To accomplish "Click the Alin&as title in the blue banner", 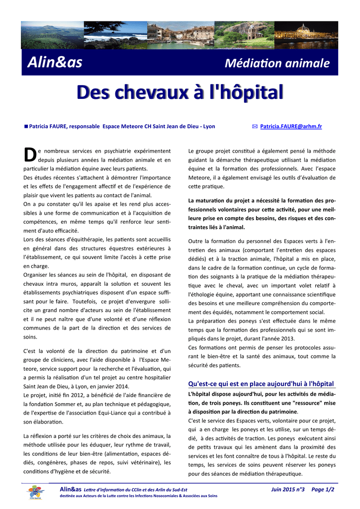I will [55, 63].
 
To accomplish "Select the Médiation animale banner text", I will [277, 64].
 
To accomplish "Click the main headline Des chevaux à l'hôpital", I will [180, 92].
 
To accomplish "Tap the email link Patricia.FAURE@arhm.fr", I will [291, 127].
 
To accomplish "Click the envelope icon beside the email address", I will [255, 127].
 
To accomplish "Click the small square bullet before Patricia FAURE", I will [26, 126].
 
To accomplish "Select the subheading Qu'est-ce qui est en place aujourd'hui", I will [261, 384].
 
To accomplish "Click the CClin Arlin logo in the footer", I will [34, 493].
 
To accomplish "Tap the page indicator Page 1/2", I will [323, 490].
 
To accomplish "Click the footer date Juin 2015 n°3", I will [288, 490].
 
